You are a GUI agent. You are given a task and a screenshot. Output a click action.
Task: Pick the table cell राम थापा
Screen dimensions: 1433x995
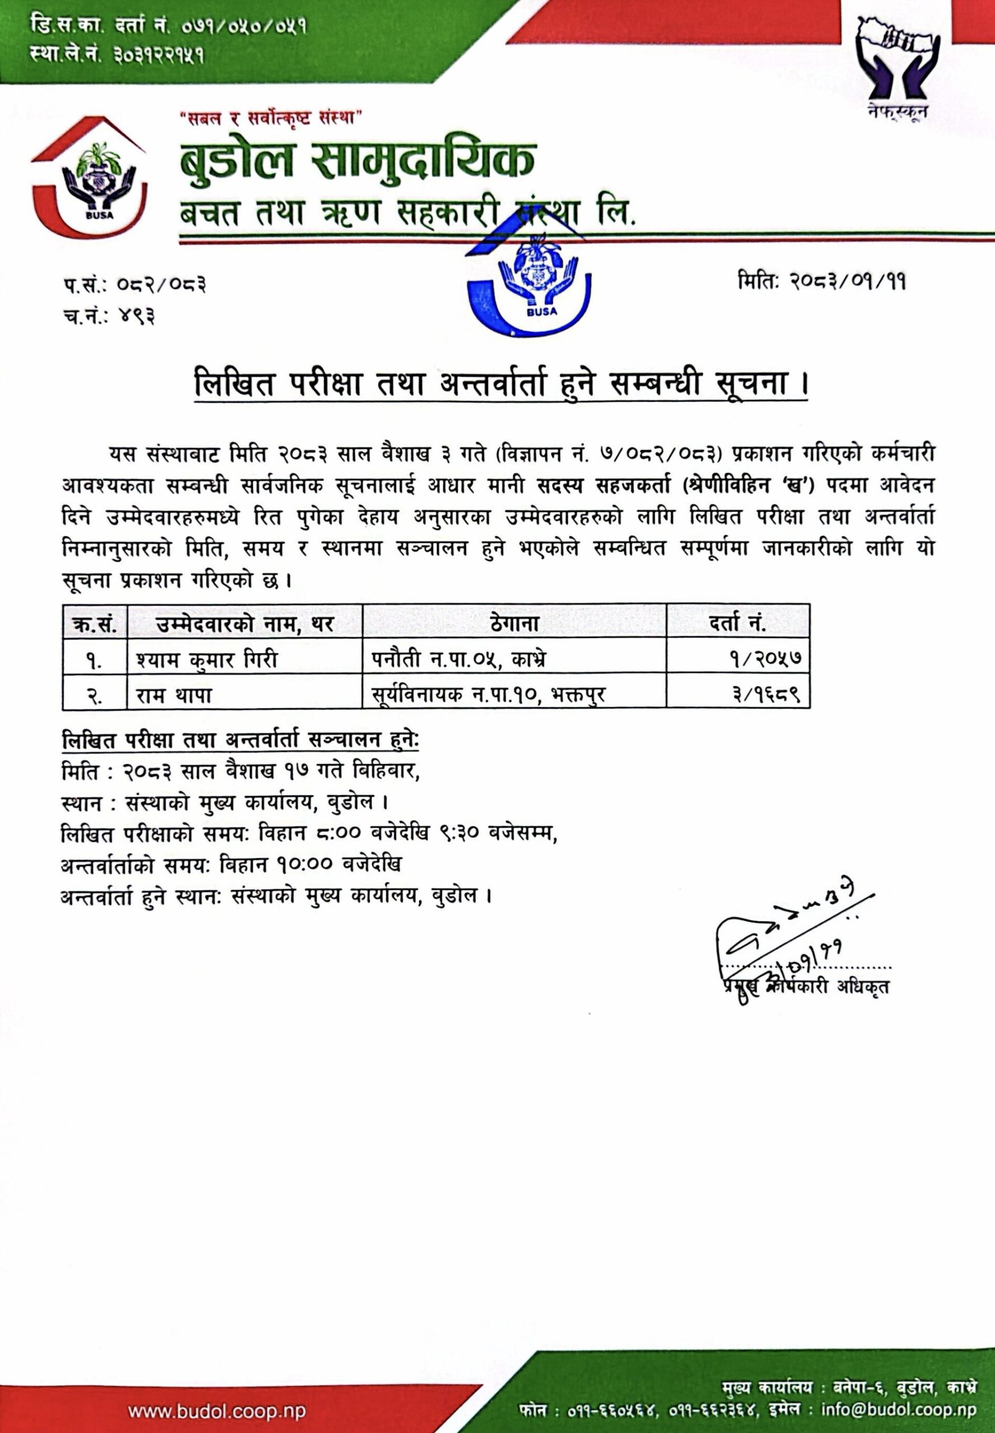click(x=175, y=694)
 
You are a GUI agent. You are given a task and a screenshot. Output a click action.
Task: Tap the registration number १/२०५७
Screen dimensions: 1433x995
click(x=772, y=658)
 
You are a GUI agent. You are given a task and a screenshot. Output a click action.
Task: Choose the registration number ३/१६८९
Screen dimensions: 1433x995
click(x=771, y=694)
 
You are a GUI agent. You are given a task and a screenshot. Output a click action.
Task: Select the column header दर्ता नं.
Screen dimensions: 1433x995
click(x=738, y=622)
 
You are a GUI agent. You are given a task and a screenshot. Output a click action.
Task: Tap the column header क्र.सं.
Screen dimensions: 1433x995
click(x=95, y=623)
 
